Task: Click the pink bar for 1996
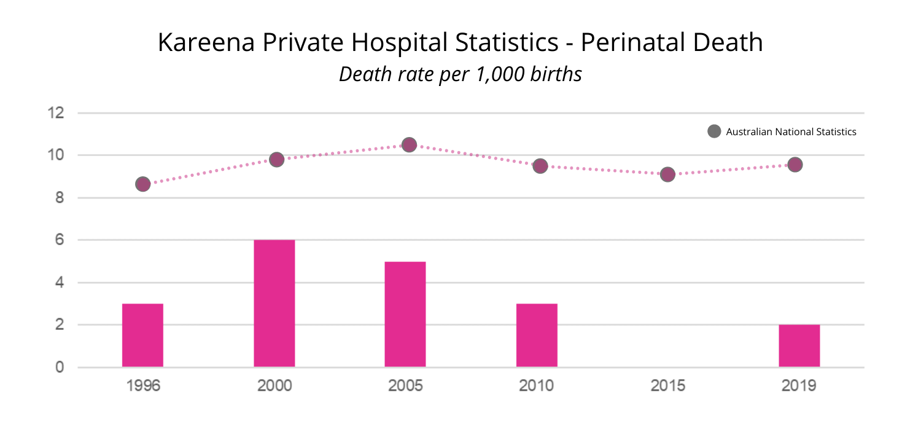(x=142, y=335)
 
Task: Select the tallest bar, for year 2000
(x=274, y=304)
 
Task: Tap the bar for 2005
(x=405, y=315)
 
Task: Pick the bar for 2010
(x=537, y=335)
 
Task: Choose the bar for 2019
(x=799, y=346)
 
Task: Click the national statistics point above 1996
(x=143, y=184)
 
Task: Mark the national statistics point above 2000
(x=277, y=160)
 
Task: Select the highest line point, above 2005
(x=409, y=144)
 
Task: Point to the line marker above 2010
(x=540, y=166)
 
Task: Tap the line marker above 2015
(x=667, y=174)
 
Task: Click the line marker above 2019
(x=795, y=165)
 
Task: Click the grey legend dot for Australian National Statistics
(x=714, y=131)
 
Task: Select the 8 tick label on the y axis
(x=60, y=198)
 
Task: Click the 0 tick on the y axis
(x=60, y=367)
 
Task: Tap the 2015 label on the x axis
(x=667, y=386)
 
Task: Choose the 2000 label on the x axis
(x=274, y=386)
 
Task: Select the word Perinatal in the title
(x=626, y=43)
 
